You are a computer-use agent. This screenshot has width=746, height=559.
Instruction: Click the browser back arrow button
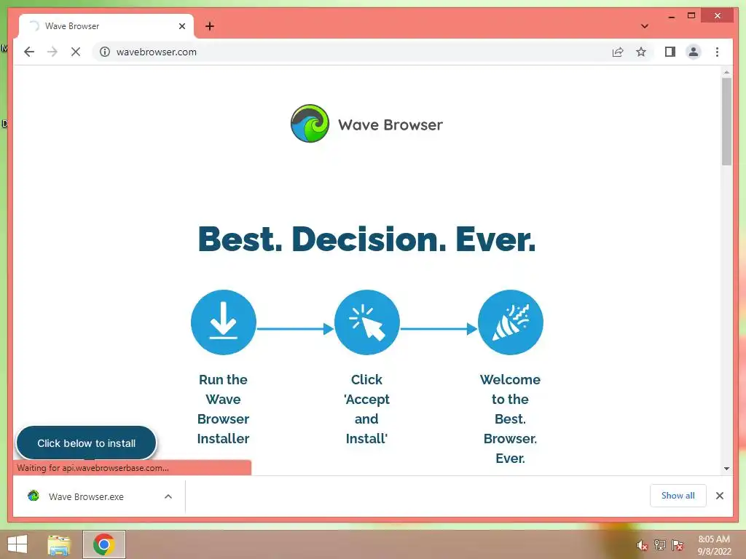coord(29,52)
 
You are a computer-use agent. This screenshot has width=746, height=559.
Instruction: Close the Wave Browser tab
coord(181,26)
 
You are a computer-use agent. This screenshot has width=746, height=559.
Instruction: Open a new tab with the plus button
coord(209,26)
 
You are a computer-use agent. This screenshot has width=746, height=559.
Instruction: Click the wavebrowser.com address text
coord(157,52)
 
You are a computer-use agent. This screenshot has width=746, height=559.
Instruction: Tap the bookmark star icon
coord(641,52)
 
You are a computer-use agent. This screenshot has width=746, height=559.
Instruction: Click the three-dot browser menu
coord(717,52)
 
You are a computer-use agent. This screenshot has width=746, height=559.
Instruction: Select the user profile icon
coord(694,52)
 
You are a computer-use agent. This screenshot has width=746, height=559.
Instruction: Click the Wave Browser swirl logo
coord(310,124)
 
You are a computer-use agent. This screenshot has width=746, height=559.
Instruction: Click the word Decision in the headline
coord(369,239)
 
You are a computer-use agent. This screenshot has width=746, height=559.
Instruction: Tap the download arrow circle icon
coord(224,322)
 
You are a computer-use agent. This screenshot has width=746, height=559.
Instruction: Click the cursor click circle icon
coord(367,322)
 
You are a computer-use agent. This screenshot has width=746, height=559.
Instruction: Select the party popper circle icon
coord(511,322)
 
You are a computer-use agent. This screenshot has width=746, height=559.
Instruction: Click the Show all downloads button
coord(678,496)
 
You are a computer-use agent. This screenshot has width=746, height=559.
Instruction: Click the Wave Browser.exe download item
coord(86,496)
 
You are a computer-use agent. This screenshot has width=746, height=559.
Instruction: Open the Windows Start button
coord(17,544)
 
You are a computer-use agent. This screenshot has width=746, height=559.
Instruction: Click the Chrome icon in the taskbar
coord(104,544)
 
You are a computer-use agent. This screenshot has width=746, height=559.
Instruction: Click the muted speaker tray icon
coord(642,545)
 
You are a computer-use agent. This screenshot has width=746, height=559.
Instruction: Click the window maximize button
coord(691,16)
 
